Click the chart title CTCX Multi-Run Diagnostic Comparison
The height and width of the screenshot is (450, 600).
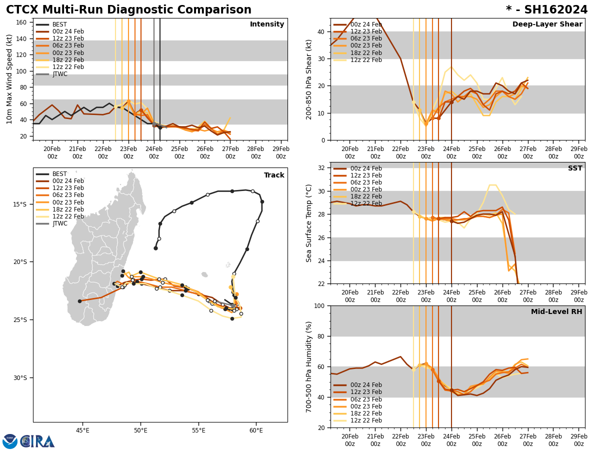(x=128, y=10)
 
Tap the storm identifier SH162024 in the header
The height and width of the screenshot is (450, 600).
(x=546, y=10)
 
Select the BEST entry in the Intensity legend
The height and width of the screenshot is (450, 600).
(x=59, y=24)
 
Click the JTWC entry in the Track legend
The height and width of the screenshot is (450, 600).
(x=60, y=223)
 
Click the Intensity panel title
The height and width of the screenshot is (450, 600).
(x=266, y=24)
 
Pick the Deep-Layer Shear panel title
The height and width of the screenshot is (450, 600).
(x=547, y=24)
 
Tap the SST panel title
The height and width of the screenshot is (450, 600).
(x=574, y=168)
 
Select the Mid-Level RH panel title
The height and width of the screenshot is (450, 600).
(x=556, y=312)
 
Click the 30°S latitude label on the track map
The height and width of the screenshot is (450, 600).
(x=20, y=378)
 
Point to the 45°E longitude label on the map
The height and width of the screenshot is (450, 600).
(x=82, y=430)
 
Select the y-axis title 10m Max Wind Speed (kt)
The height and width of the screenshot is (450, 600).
(x=9, y=79)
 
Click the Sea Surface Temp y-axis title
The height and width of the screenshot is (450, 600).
(x=309, y=223)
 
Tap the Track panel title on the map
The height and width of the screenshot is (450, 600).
(x=274, y=175)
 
